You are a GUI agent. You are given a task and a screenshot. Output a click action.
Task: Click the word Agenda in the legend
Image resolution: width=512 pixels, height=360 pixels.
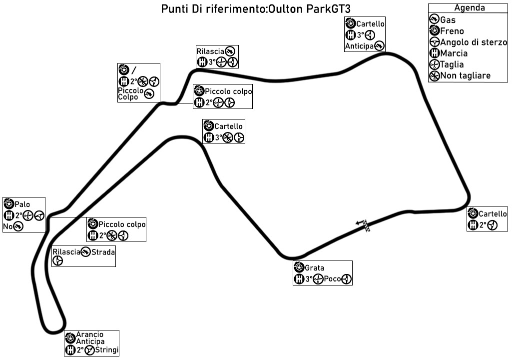pyautogui.click(x=469, y=8)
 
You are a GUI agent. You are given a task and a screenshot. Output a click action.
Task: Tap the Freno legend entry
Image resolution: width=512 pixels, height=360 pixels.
pyautogui.click(x=452, y=31)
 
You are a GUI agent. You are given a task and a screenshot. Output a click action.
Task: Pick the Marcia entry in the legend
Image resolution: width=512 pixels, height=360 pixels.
pyautogui.click(x=454, y=53)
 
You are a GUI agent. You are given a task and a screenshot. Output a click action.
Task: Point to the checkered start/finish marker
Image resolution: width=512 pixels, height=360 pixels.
pyautogui.click(x=367, y=226)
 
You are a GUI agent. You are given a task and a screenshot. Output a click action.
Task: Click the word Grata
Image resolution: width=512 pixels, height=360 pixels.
pyautogui.click(x=314, y=268)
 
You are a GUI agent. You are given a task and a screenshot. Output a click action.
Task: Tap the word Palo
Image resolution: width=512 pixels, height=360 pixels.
pyautogui.click(x=22, y=204)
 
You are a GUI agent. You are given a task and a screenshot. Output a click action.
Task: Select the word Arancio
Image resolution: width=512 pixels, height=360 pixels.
pyautogui.click(x=90, y=334)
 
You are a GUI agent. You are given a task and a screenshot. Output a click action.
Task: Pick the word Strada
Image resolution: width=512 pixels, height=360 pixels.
pyautogui.click(x=103, y=252)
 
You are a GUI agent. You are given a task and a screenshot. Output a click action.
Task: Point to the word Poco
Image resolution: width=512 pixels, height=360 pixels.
pyautogui.click(x=332, y=279)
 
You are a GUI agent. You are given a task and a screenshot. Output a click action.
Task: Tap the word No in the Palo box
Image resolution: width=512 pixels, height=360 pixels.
pyautogui.click(x=7, y=227)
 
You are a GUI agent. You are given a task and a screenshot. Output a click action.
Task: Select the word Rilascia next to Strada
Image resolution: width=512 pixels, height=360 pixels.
pyautogui.click(x=66, y=252)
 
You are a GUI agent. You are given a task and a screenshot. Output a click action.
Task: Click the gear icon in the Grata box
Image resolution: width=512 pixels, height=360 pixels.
pyautogui.click(x=299, y=279)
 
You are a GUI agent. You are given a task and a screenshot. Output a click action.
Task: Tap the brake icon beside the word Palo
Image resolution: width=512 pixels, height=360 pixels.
pyautogui.click(x=8, y=204)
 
